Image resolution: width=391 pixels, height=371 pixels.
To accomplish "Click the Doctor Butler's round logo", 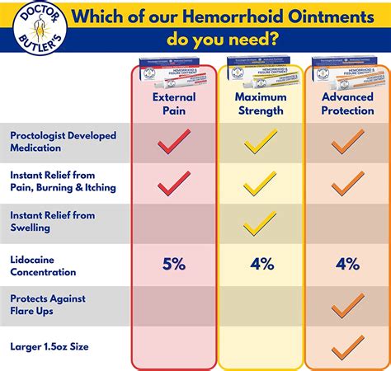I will (31, 31).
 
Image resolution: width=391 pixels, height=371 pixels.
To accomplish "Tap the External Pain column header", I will (174, 104).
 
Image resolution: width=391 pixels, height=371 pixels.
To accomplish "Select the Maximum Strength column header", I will (261, 104).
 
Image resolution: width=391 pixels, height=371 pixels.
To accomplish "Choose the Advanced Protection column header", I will (346, 104).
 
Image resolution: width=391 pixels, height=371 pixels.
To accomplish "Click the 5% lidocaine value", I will (174, 264).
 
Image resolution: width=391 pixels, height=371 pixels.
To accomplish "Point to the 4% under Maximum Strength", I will (261, 264).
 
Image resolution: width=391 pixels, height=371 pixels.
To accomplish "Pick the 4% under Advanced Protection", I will (346, 264).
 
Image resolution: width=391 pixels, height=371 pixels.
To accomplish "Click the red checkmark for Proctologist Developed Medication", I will (174, 142).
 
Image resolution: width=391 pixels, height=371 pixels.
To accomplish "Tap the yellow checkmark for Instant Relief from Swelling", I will (261, 223).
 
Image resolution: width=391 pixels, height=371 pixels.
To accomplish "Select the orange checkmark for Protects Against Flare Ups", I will (347, 307).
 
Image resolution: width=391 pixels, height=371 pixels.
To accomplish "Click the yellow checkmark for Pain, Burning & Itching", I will (261, 182).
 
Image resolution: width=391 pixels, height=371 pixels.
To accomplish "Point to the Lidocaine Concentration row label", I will (43, 265).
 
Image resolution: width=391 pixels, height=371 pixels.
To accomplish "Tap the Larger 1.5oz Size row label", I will (50, 347).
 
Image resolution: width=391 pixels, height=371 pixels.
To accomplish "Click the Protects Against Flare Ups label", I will (47, 305).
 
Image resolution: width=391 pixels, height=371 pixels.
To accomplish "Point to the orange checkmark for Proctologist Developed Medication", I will (347, 142).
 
